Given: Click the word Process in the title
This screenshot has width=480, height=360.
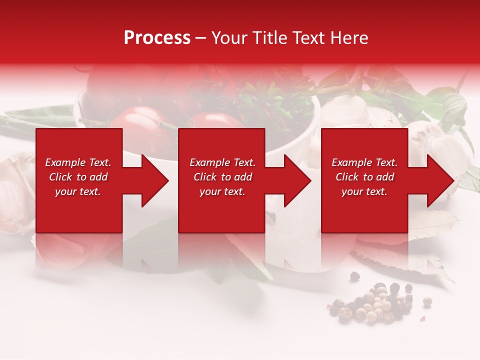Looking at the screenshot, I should click(x=157, y=38).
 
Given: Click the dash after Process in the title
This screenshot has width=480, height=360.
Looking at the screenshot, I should click(x=201, y=38).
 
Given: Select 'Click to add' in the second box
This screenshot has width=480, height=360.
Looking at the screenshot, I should click(x=222, y=177).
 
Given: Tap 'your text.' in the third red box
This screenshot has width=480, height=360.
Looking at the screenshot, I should click(x=364, y=191).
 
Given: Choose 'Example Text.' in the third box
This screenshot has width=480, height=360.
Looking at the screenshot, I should click(x=364, y=162).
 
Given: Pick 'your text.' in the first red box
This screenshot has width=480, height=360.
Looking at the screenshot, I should click(x=77, y=191).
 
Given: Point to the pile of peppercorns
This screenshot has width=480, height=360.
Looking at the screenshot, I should click(x=372, y=302).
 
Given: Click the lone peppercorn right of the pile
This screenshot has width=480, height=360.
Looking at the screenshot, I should click(x=427, y=301).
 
